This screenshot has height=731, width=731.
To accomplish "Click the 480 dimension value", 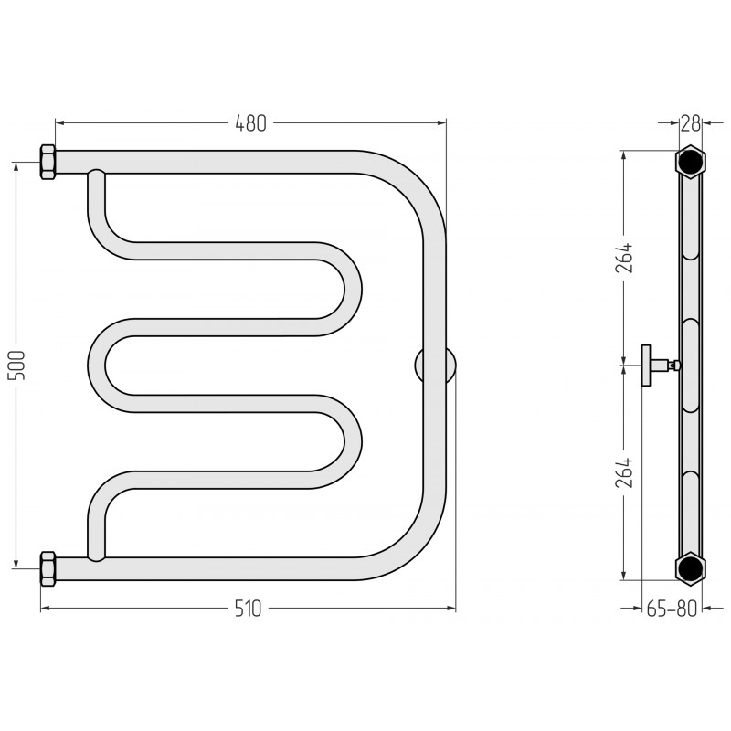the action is point(250,123).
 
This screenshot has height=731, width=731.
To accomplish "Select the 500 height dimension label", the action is point(16,365).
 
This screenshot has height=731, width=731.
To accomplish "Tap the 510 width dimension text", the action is point(248,609).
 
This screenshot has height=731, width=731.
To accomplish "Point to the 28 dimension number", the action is point(691,123).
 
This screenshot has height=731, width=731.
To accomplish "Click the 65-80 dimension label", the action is point(672,609).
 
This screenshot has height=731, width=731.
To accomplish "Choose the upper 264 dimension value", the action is point(624,258).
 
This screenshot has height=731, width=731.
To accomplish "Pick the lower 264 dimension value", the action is point(624,472).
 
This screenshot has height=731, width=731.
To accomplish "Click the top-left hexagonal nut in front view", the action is point(48,163).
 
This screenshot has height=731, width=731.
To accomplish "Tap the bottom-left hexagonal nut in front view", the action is point(48,568).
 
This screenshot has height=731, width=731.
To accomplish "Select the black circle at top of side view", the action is point(691,162).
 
